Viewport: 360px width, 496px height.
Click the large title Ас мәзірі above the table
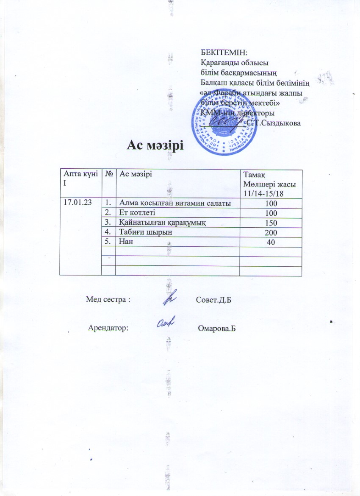155,145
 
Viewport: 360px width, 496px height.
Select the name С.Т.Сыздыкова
274,123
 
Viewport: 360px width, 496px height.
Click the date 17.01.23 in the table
77,202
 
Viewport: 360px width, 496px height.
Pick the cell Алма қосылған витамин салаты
175,203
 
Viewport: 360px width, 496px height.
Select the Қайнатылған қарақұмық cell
159,222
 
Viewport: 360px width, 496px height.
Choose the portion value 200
271,233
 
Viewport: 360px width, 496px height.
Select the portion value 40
271,242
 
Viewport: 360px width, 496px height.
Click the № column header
108,173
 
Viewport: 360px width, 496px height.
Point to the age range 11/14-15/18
263,193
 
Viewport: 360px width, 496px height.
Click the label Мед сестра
108,299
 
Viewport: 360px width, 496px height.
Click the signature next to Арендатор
167,324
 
